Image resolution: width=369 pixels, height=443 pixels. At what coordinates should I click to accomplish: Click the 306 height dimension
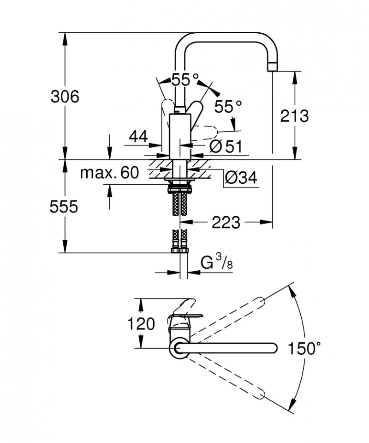[65, 97]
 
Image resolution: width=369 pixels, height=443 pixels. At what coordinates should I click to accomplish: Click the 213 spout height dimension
[294, 116]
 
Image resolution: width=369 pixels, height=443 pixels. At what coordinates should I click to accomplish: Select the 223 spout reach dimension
[226, 223]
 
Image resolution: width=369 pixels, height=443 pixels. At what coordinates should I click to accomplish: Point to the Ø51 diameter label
[226, 146]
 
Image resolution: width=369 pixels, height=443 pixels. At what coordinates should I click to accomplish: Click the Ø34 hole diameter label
[241, 177]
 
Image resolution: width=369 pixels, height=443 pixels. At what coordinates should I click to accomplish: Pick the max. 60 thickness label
[109, 173]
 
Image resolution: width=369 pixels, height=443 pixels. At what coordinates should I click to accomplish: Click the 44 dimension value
[138, 136]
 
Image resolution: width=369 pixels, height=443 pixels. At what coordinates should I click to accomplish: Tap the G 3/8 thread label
[216, 264]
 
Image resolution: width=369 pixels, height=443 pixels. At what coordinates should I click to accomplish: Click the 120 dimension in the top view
[142, 324]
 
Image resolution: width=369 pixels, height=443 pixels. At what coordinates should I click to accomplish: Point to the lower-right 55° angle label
[228, 107]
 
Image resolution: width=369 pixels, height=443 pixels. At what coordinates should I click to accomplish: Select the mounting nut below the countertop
[179, 188]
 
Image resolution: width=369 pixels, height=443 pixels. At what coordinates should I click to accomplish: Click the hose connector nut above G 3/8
[179, 250]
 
